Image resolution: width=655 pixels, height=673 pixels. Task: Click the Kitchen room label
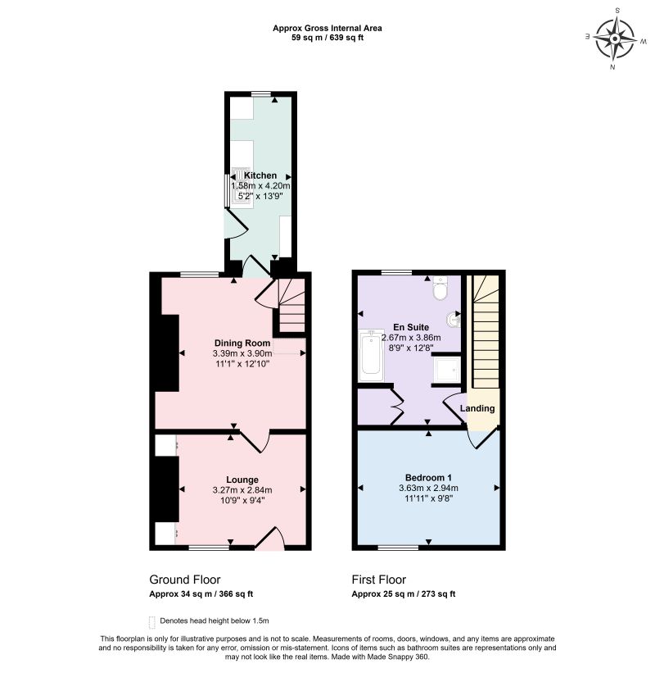[x=260, y=175]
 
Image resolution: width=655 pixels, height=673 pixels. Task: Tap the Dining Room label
[x=242, y=343]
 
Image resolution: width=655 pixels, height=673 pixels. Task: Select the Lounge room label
[x=242, y=480]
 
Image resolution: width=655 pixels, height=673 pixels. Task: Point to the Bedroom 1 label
[x=428, y=477]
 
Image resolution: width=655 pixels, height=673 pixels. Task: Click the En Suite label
[x=411, y=327]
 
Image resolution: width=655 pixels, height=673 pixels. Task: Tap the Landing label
[x=477, y=408]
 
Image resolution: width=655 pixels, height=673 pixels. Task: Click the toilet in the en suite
[x=440, y=288]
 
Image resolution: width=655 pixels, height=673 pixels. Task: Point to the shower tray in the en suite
[x=447, y=370]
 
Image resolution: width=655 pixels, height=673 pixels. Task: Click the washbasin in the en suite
[x=454, y=320]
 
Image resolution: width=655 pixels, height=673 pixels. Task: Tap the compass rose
[x=615, y=39]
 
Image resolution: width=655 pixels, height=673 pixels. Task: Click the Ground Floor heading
[x=185, y=580]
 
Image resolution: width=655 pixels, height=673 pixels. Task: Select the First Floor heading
[x=378, y=580]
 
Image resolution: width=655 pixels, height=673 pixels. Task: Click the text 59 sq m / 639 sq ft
[x=327, y=38]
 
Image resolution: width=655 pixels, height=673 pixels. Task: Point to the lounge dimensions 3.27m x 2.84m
[x=242, y=490]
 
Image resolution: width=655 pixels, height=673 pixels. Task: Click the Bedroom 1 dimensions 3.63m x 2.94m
[x=428, y=488]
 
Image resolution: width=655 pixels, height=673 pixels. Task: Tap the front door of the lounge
[x=269, y=539]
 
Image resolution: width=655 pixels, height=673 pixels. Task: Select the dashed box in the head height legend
[x=151, y=622]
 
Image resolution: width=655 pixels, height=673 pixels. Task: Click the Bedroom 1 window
[x=398, y=548]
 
